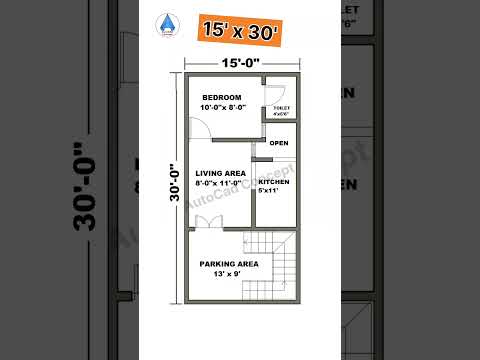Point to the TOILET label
point(281,107)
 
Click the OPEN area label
point(279,143)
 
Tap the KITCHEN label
point(274,182)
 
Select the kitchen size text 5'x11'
point(274,190)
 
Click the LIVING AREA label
point(220,173)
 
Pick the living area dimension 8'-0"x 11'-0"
point(220,183)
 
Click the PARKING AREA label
point(228,263)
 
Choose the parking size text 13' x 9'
point(228,273)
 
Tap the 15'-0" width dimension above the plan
point(240,63)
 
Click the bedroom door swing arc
point(198,127)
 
